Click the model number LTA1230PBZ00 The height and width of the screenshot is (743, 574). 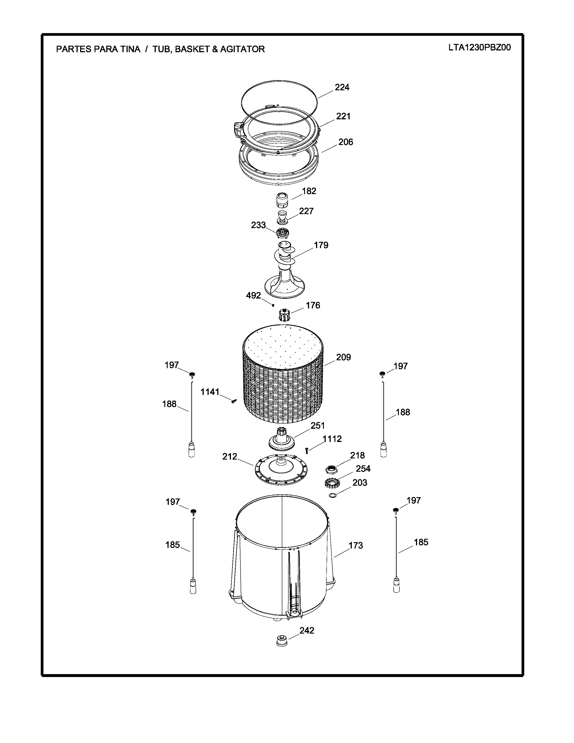click(479, 48)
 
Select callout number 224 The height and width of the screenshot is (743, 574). click(342, 87)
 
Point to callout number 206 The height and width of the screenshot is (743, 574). click(346, 142)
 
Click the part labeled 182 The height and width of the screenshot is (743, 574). click(282, 200)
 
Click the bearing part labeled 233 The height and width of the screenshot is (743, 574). click(282, 233)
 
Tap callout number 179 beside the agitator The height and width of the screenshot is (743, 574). click(321, 245)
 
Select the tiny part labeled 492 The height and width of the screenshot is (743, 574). click(273, 305)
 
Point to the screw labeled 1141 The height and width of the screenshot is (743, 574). click(233, 401)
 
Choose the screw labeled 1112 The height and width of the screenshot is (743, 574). click(307, 451)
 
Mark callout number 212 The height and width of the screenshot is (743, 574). click(230, 457)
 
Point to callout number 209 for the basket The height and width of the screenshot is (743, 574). click(343, 357)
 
